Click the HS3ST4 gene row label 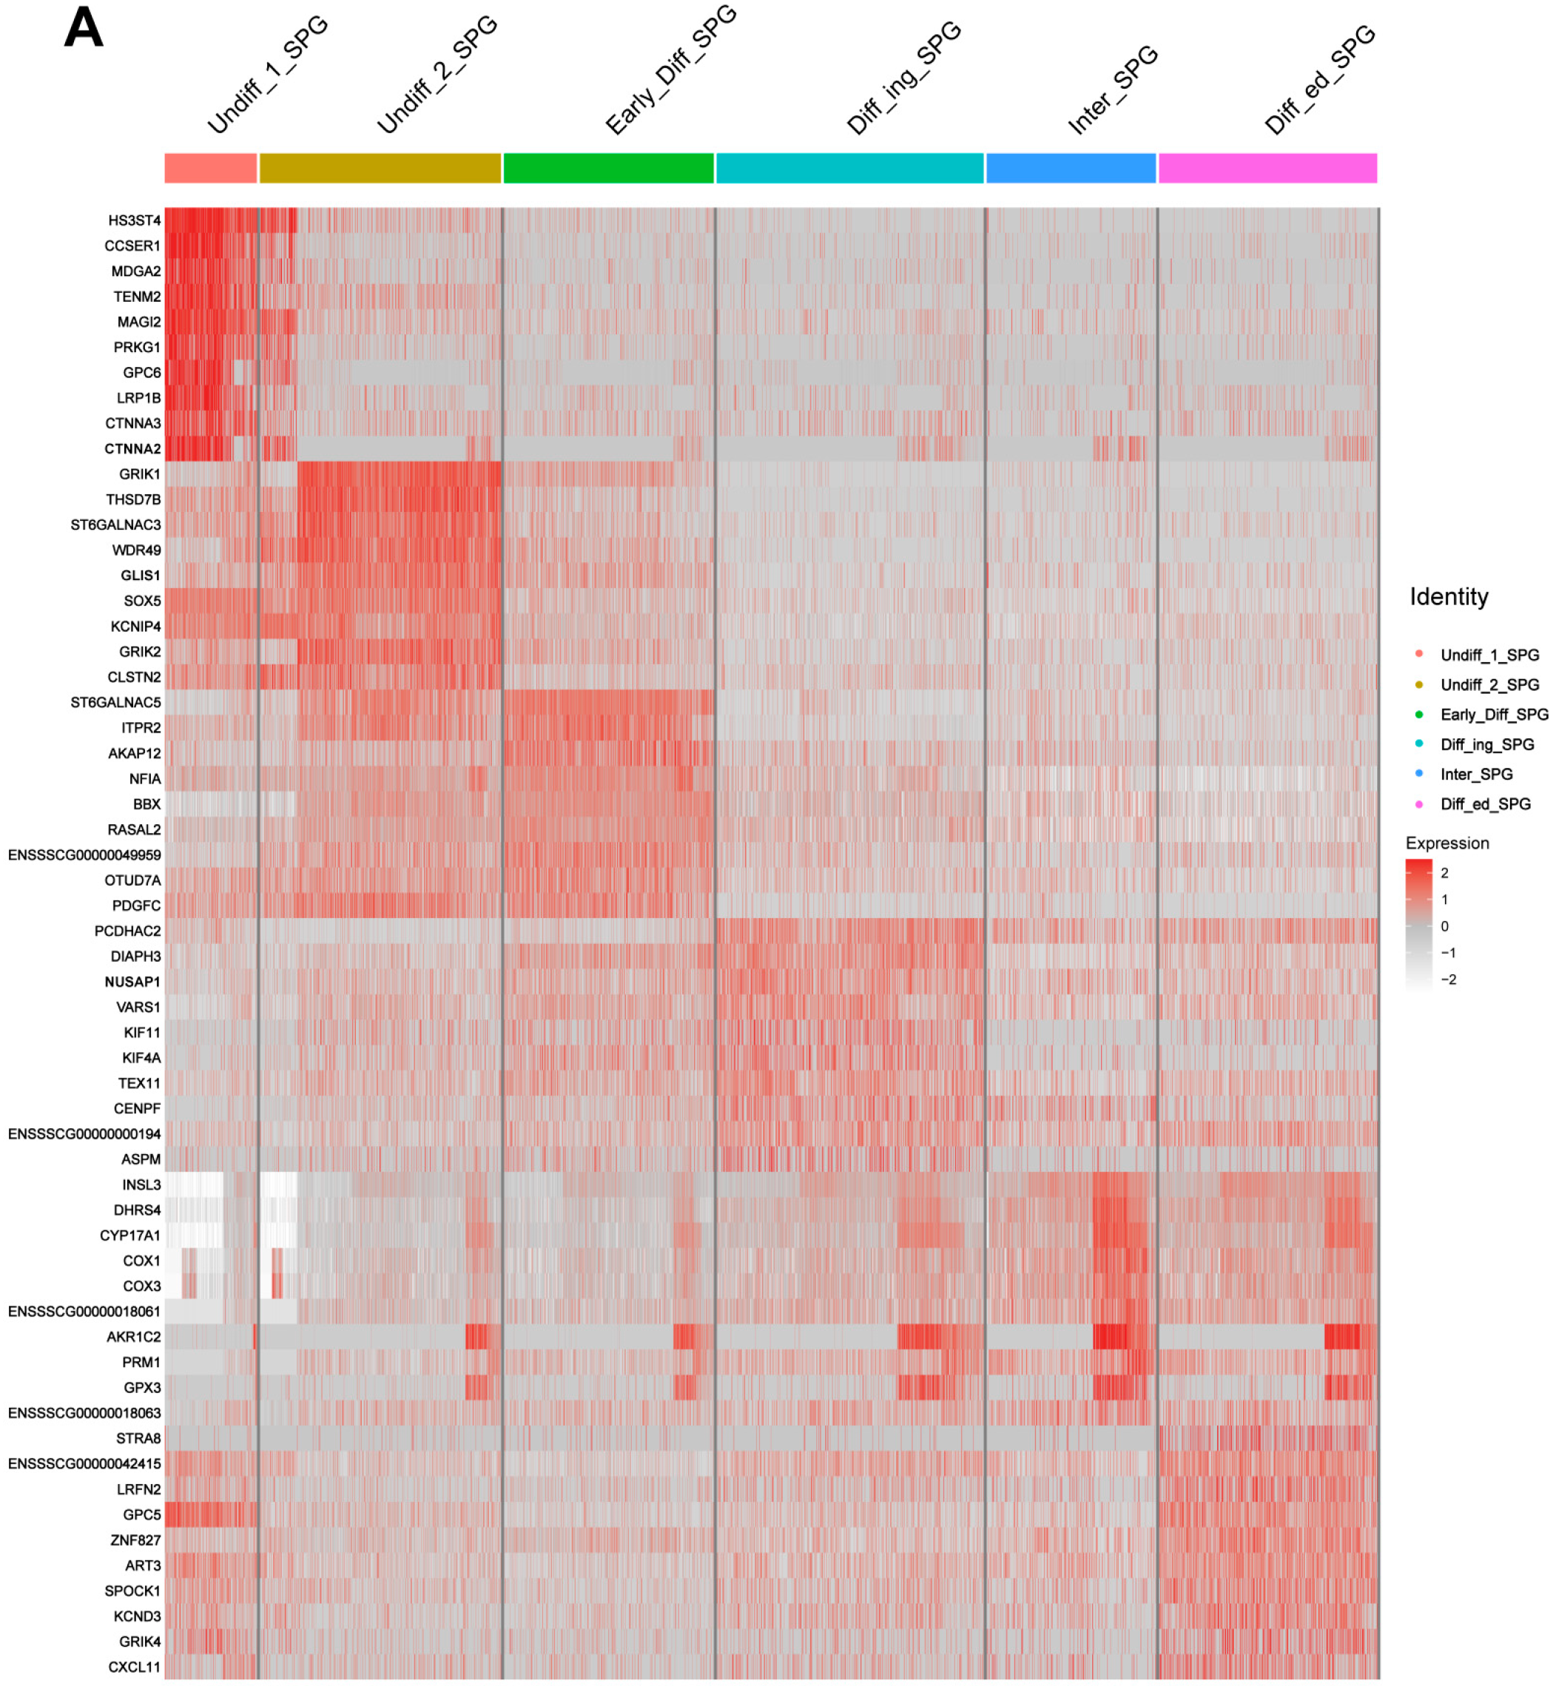[134, 220]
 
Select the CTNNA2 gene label [132, 448]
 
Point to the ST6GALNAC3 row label [115, 525]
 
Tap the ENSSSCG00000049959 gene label [84, 854]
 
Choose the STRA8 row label [138, 1438]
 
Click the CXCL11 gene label [134, 1667]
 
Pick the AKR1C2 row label [133, 1337]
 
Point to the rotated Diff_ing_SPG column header [904, 78]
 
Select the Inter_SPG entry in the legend [1476, 774]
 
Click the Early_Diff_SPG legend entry [1493, 715]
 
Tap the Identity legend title [1448, 597]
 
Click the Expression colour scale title [1446, 843]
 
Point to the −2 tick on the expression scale [1447, 979]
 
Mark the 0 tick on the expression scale [1444, 926]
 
